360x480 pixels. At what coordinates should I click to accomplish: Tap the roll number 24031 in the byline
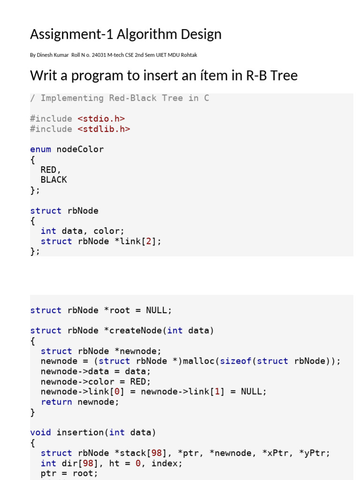(x=100, y=55)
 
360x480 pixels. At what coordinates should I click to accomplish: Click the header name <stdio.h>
(x=101, y=119)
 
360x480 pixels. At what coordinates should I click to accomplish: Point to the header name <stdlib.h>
(x=104, y=129)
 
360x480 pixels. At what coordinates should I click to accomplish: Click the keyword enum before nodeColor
(x=40, y=149)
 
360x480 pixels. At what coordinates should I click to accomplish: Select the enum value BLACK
(x=54, y=180)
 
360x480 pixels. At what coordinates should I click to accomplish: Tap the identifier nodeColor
(x=80, y=149)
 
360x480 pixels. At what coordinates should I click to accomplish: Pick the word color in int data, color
(x=107, y=231)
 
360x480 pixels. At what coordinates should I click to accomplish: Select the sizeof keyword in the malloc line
(x=236, y=361)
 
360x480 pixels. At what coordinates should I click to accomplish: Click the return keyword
(x=56, y=402)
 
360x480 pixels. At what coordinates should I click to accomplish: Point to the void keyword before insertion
(x=40, y=432)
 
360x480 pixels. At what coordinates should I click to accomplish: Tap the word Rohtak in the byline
(x=188, y=55)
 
